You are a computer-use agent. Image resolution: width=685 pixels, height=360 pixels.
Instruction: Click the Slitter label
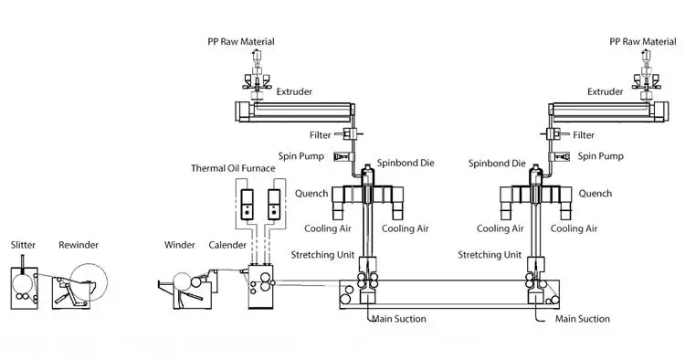(x=23, y=245)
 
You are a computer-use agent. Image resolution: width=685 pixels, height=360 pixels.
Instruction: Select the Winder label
(x=181, y=245)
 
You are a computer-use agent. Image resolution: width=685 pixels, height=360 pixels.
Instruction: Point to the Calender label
(x=227, y=245)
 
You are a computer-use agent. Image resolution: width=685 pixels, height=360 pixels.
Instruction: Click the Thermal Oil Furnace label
(x=232, y=168)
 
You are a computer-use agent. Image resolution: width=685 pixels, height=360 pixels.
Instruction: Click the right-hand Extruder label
(x=606, y=91)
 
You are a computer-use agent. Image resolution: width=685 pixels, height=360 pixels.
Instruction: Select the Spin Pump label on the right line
(x=599, y=156)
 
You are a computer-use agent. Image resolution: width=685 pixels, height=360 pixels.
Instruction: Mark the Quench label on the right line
(x=595, y=194)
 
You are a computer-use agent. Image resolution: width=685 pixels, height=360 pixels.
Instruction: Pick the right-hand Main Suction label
(x=583, y=319)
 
